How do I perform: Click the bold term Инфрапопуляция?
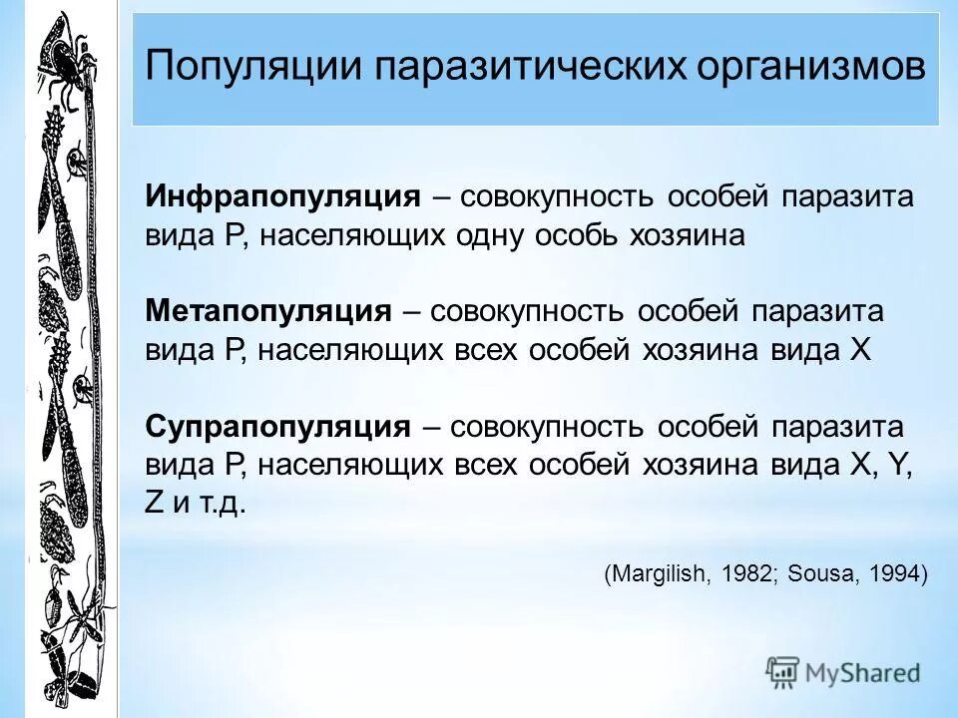click(x=283, y=196)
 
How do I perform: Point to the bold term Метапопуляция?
click(x=268, y=311)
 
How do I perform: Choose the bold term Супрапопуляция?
click(x=278, y=427)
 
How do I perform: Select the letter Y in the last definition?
click(x=904, y=465)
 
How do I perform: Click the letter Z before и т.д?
click(x=154, y=503)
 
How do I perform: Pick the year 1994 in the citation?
click(x=892, y=573)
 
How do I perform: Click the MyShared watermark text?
click(x=863, y=672)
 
